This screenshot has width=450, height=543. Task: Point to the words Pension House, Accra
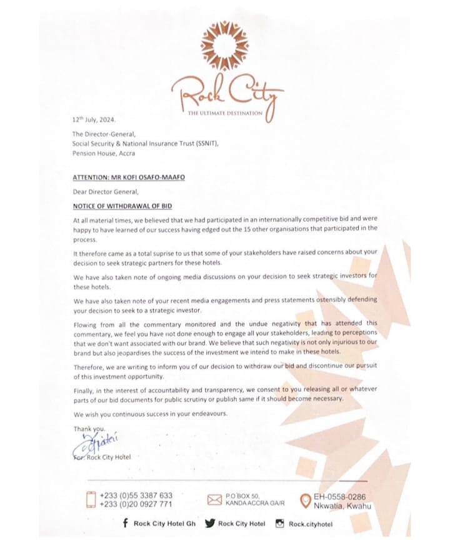pos(103,153)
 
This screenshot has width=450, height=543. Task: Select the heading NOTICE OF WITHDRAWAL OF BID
pos(122,206)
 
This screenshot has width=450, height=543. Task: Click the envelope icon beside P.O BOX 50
pos(214,499)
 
